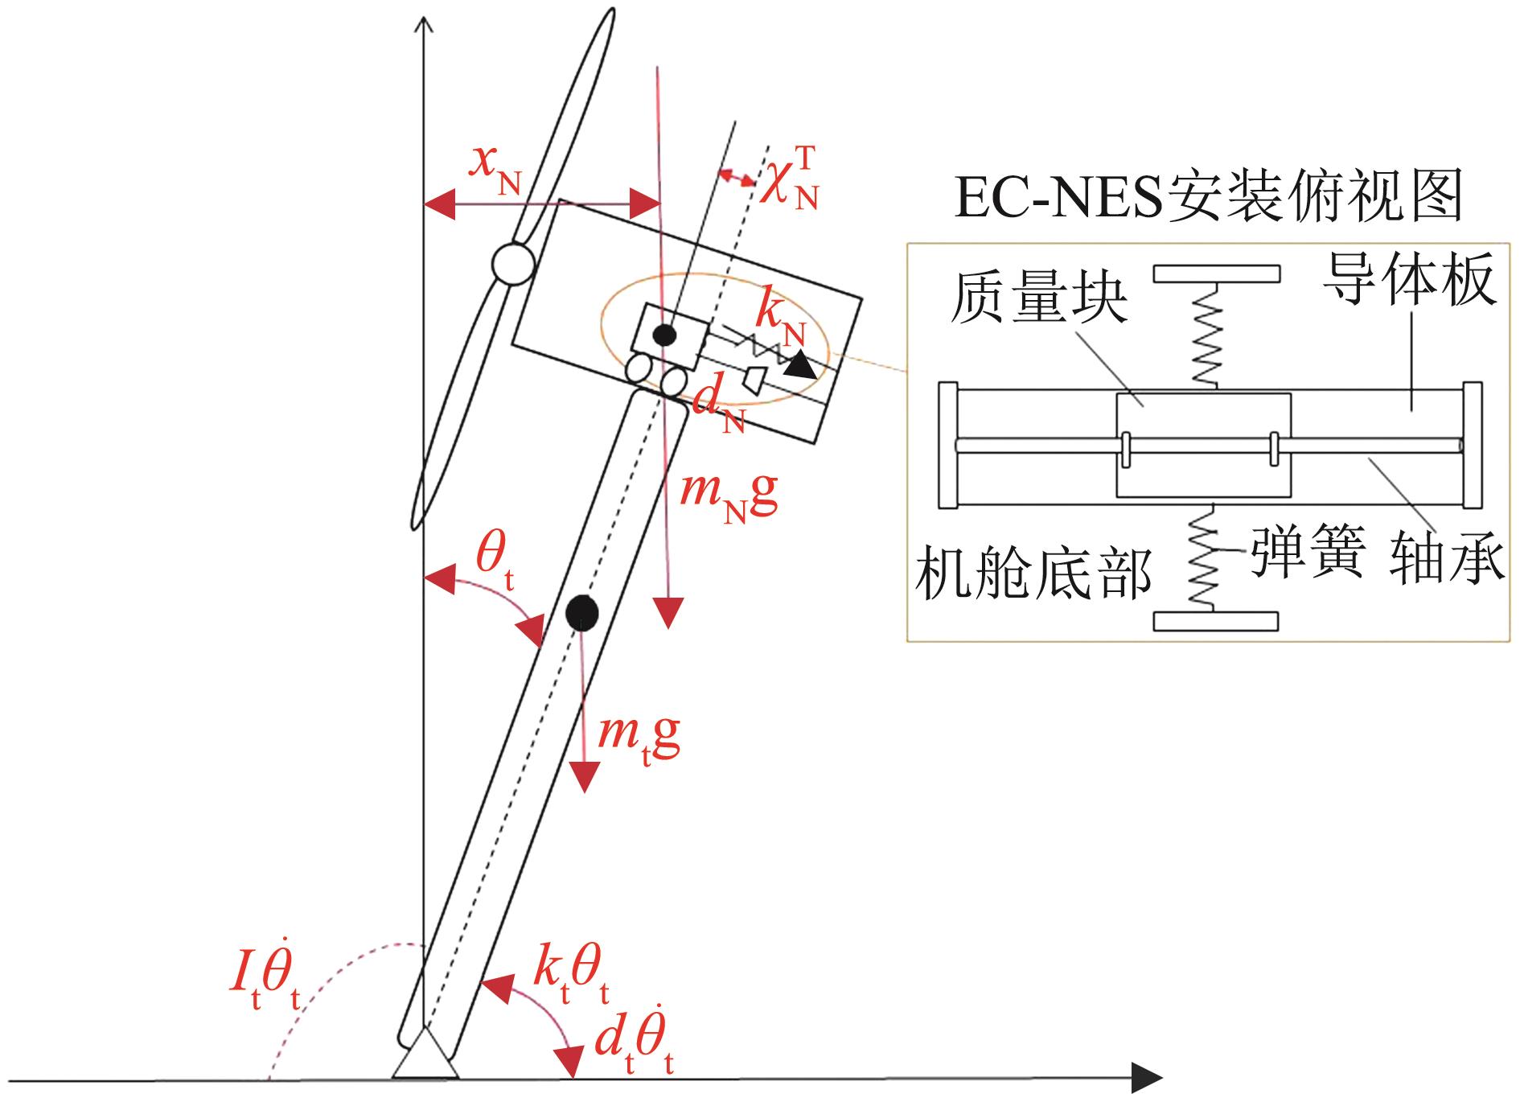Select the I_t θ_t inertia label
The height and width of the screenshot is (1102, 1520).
265,986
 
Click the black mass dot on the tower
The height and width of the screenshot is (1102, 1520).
581,614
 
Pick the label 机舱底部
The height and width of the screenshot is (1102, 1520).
1033,573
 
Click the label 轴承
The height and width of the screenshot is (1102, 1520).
1447,556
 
